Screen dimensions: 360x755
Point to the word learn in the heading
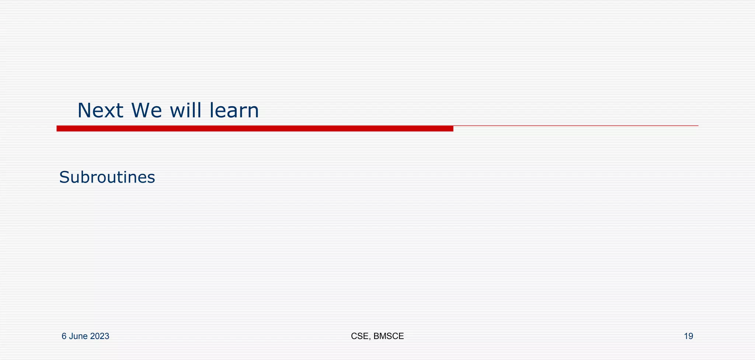pyautogui.click(x=234, y=111)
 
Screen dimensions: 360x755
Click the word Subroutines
pyautogui.click(x=107, y=177)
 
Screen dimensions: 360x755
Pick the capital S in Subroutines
pyautogui.click(x=64, y=177)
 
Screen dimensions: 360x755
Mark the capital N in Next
pyautogui.click(x=84, y=111)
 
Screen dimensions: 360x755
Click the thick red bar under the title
pyautogui.click(x=254, y=128)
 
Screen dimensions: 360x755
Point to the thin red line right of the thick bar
pyautogui.click(x=575, y=126)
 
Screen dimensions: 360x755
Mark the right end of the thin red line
pyautogui.click(x=697, y=126)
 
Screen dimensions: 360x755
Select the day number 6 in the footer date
pyautogui.click(x=64, y=336)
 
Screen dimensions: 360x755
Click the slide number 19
pyautogui.click(x=688, y=336)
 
